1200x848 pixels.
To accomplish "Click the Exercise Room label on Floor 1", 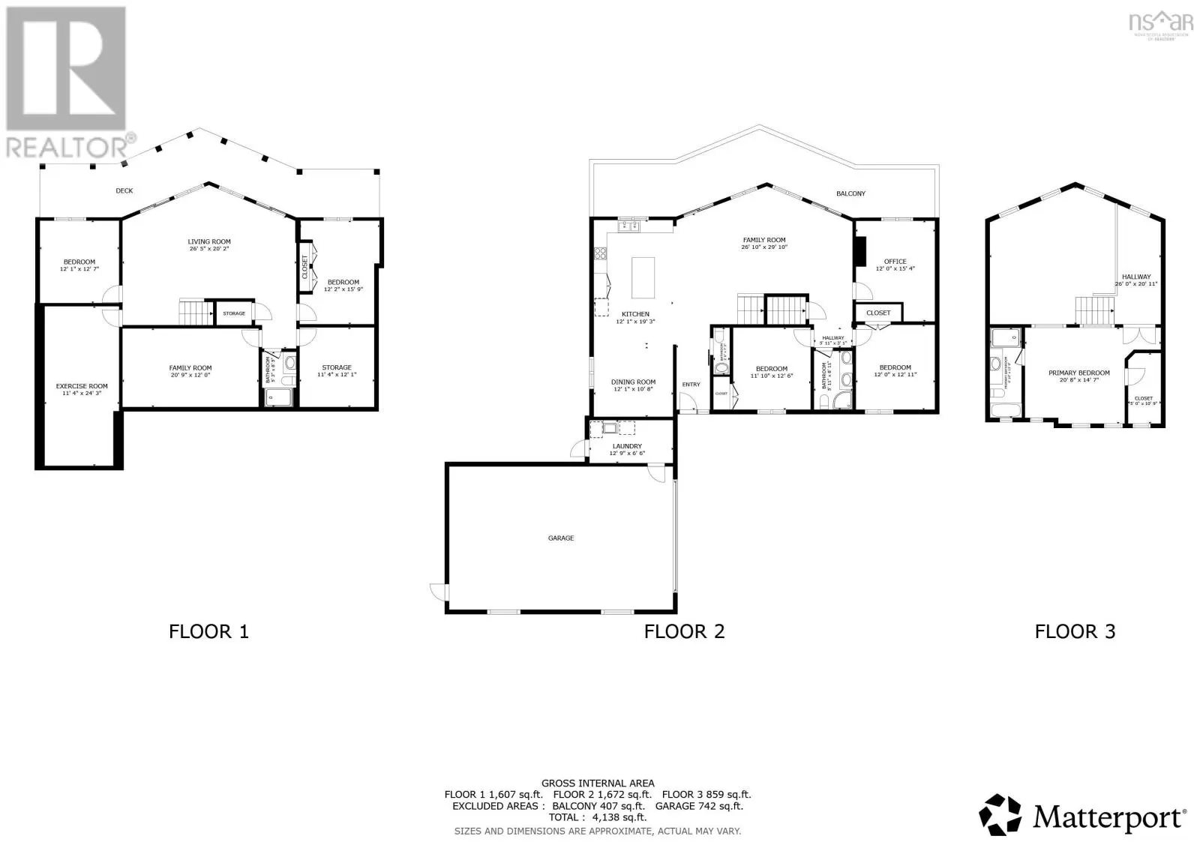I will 82,386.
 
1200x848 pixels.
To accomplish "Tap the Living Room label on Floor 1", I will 209,241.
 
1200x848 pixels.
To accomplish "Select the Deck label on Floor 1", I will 124,190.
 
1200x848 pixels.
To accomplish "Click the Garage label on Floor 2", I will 561,538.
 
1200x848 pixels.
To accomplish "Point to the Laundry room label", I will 627,446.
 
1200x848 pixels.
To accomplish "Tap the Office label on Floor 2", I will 895,261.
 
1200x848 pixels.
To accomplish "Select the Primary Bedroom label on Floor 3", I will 1078,373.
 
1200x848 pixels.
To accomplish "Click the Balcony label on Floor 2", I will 850,193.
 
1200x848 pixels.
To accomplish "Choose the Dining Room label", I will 634,382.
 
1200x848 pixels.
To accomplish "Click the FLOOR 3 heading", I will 1075,631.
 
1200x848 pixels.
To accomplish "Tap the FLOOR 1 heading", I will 208,631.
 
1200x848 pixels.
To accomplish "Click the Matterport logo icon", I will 1000,814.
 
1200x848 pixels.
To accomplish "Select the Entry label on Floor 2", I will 691,385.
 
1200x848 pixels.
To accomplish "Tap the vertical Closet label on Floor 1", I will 305,267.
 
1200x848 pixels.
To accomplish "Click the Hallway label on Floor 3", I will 1136,277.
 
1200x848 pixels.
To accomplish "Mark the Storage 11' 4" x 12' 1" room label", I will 337,367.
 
